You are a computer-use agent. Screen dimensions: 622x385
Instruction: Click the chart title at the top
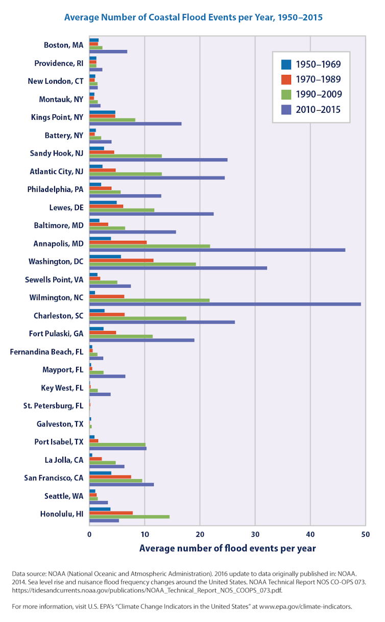point(193,17)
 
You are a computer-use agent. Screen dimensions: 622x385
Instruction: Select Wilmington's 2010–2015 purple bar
point(225,304)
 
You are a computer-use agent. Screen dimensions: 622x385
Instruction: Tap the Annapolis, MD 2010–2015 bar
point(217,250)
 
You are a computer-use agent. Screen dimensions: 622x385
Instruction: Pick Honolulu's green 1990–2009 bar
point(129,517)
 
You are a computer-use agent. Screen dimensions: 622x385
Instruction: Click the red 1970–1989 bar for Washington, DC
point(121,260)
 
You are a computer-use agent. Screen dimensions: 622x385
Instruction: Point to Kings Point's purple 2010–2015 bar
point(135,123)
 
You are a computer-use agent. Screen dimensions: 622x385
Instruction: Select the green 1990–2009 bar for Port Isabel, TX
point(117,444)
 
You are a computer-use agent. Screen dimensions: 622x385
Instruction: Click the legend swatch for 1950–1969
point(286,64)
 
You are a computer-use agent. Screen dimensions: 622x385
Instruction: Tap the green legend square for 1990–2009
point(286,94)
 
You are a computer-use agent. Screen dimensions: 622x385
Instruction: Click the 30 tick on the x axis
point(255,534)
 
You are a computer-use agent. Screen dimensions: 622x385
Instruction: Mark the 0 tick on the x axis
point(89,534)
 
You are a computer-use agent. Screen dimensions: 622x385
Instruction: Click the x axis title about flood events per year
point(227,549)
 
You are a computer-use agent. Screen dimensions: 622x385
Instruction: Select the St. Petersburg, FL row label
point(53,406)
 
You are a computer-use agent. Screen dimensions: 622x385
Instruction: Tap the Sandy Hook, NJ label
point(56,153)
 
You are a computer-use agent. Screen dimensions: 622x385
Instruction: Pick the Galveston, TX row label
point(60,424)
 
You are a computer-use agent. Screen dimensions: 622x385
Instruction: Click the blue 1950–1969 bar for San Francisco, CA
point(100,473)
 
